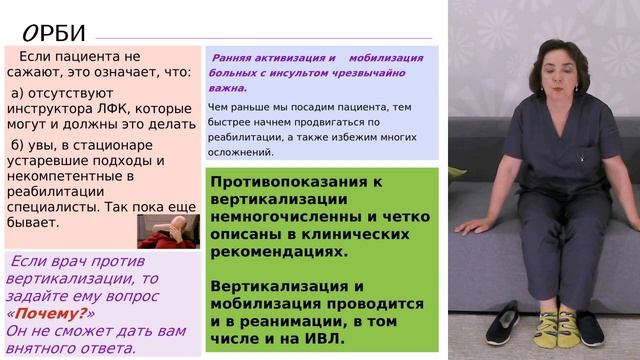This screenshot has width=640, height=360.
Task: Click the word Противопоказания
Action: tap(278, 181)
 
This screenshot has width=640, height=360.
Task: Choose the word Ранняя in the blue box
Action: tap(237, 57)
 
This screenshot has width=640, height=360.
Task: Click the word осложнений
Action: tap(241, 152)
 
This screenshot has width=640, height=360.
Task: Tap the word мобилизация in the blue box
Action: tap(389, 57)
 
